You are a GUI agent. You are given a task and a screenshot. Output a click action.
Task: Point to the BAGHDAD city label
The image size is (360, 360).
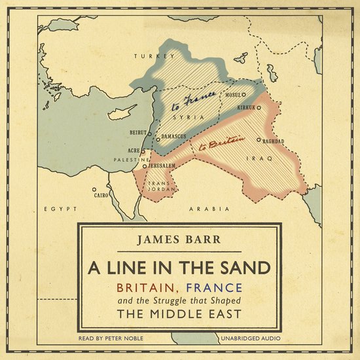click(x=274, y=141)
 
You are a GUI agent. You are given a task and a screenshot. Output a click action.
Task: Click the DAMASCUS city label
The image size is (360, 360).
click(x=174, y=136)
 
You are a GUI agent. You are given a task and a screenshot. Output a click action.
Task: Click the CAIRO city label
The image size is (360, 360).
click(x=101, y=195)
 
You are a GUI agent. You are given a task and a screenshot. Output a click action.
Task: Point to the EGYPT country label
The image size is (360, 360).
click(x=56, y=208)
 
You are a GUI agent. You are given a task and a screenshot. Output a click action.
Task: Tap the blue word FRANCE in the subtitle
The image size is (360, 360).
click(x=215, y=287)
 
